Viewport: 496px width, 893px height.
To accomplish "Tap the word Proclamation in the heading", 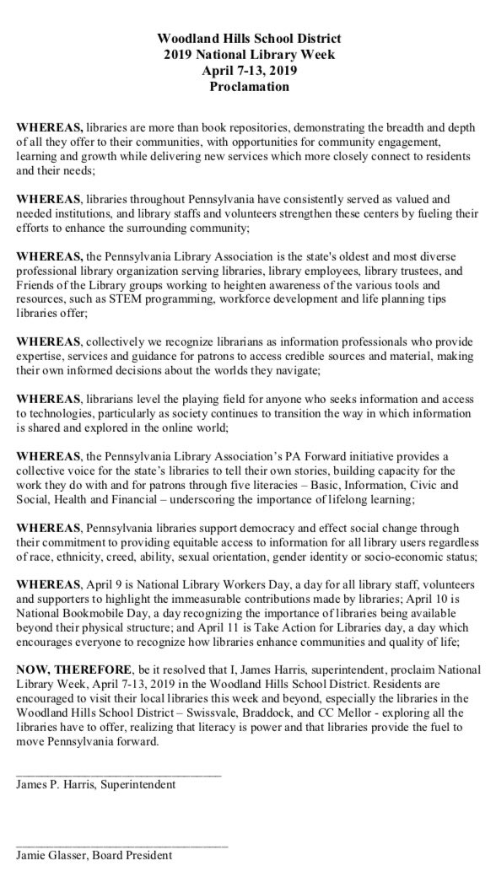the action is [x=248, y=87].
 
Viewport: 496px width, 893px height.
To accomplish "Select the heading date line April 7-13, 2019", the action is [x=248, y=71].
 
